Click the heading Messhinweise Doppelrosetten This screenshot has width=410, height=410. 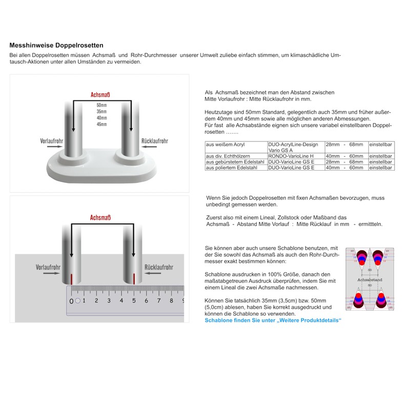(x=56, y=45)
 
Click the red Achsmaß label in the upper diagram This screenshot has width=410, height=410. (x=101, y=95)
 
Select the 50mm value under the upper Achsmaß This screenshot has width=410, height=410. (x=101, y=105)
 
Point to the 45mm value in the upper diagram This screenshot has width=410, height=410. (x=101, y=124)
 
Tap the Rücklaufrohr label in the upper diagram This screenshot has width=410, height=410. (x=155, y=140)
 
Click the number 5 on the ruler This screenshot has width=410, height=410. (x=134, y=301)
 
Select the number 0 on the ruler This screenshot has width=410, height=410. (x=71, y=301)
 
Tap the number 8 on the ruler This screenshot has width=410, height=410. (x=171, y=301)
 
